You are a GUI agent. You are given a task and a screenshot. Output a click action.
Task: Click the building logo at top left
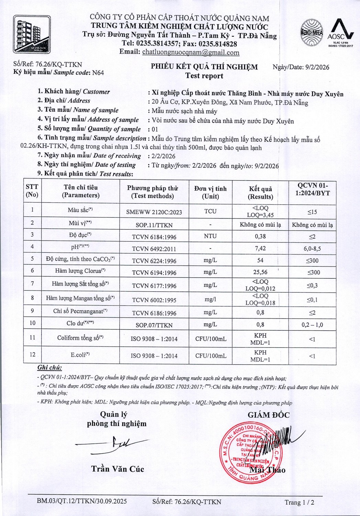click(32, 34)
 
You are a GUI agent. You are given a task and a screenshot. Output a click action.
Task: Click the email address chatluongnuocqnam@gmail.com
click(190, 53)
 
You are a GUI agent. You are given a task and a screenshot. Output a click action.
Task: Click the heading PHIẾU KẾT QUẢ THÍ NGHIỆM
click(204, 67)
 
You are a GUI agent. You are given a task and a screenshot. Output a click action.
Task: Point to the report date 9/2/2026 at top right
click(317, 67)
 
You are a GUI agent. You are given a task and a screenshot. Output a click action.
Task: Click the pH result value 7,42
click(260, 248)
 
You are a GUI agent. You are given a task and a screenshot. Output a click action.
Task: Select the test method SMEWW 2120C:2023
click(154, 212)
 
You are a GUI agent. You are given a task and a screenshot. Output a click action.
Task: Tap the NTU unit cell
click(210, 236)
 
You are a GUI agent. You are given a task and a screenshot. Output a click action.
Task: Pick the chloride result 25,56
click(260, 272)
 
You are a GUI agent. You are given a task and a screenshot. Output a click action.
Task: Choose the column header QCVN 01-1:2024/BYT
click(312, 190)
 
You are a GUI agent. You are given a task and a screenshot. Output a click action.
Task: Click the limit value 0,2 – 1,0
click(312, 325)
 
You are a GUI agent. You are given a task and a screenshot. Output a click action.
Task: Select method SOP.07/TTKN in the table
click(154, 325)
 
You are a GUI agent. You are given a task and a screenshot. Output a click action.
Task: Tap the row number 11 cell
click(32, 337)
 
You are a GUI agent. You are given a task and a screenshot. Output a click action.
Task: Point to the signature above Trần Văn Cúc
click(113, 444)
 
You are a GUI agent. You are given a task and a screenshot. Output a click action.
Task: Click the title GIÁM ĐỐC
click(269, 415)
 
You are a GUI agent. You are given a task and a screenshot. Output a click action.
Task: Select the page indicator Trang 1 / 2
click(299, 502)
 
